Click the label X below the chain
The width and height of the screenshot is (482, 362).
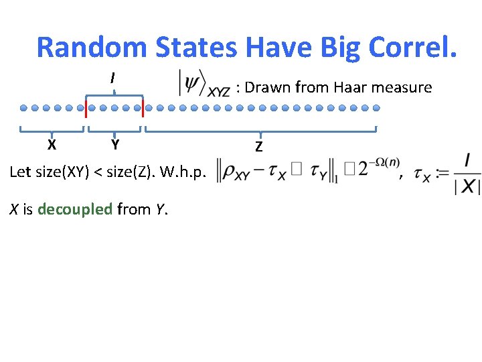coord(52,144)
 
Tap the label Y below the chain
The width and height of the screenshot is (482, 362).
coord(115,144)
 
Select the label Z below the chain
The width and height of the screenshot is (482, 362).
coord(258,146)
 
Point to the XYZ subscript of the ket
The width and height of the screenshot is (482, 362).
coord(218,92)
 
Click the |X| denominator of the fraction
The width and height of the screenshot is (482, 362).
coord(467,187)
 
